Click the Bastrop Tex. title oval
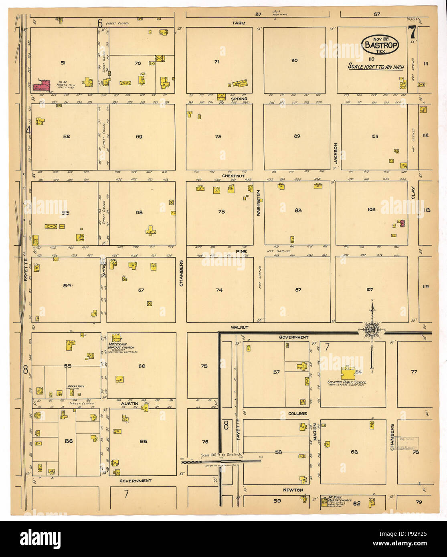pos(380,44)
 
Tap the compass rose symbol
pos(371,330)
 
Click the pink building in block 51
pos(42,85)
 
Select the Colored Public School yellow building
pos(347,373)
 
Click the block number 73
pos(221,212)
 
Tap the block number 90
pos(294,60)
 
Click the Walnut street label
pos(239,327)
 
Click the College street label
pos(297,414)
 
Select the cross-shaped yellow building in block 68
pos(151,230)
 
